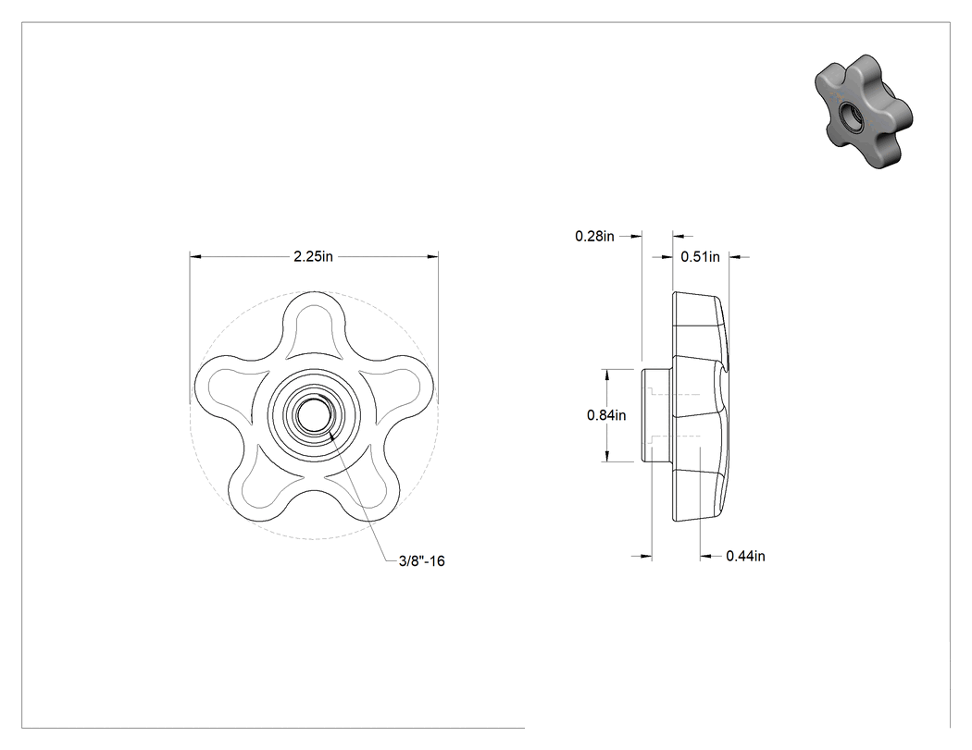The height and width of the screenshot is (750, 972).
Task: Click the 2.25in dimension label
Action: coord(313,256)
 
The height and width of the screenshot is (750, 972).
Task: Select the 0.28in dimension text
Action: coord(594,236)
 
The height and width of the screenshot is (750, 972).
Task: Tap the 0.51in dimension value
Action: coord(701,256)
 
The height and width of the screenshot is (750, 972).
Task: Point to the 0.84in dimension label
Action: coord(606,415)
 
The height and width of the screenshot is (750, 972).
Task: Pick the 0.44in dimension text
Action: coord(746,556)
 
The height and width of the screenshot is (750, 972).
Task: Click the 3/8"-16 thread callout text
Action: coord(422,561)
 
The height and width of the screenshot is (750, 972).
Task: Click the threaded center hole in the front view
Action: coord(314,415)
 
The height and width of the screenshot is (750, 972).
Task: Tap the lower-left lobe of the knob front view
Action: coord(260,489)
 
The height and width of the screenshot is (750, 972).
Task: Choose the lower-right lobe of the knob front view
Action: coord(367,489)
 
